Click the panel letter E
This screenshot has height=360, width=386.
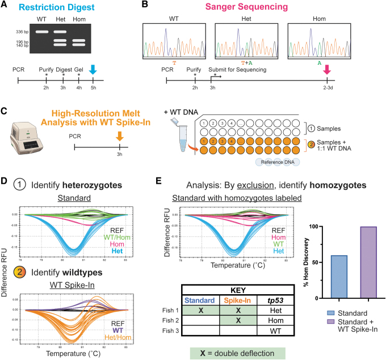point(161,183)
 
